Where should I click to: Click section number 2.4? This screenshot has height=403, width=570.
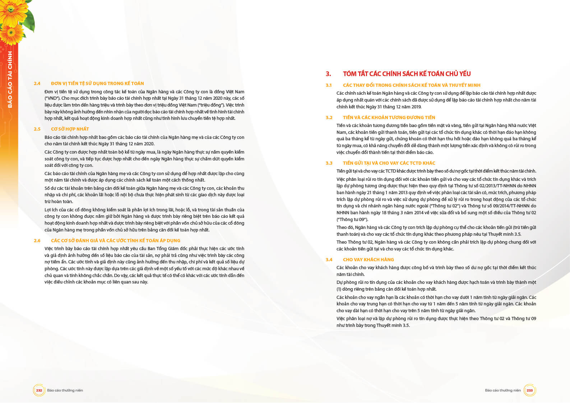(x=37, y=84)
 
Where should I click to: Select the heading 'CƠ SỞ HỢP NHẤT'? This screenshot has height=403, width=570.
(x=70, y=129)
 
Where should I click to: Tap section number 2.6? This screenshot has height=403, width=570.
(x=37, y=240)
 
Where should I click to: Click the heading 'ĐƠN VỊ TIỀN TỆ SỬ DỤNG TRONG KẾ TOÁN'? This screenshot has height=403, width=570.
(x=97, y=84)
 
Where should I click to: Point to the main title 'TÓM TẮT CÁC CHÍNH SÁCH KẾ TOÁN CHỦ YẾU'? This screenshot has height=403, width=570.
(x=407, y=74)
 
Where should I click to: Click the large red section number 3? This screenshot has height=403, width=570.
(x=328, y=74)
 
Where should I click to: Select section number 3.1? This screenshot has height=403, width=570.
(x=329, y=85)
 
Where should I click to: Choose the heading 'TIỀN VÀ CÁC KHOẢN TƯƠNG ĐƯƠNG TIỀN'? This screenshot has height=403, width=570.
(x=389, y=117)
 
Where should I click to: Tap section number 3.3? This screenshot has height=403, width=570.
(x=329, y=163)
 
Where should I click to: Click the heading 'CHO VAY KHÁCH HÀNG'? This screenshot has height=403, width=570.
(x=368, y=259)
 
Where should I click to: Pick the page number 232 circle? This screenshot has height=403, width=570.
(x=39, y=390)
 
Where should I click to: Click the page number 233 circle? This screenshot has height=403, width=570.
(x=529, y=390)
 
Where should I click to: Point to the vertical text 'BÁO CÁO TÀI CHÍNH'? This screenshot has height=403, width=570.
(x=10, y=79)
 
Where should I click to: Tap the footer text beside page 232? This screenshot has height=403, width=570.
(x=65, y=390)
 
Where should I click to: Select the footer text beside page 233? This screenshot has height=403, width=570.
(x=502, y=390)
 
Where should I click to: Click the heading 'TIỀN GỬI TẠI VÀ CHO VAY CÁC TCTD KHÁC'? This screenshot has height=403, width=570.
(x=389, y=163)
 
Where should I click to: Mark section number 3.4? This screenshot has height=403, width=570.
(x=329, y=259)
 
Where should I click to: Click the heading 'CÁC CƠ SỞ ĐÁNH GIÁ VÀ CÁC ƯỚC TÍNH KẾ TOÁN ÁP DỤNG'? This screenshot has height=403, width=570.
(x=115, y=240)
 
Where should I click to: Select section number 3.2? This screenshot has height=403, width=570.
(x=329, y=117)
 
